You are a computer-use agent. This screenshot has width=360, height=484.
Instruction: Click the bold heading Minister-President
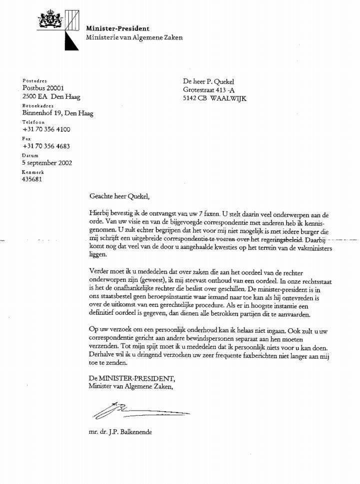pos(117,28)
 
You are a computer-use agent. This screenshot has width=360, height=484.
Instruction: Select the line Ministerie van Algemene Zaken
pos(134,37)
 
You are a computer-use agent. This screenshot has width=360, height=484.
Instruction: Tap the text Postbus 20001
pos(43,88)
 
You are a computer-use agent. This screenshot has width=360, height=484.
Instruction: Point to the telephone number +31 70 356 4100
pos(46,130)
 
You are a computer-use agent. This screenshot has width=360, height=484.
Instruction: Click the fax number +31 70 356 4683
pos(46,146)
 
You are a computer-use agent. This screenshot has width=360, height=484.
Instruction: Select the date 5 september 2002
pos(47,163)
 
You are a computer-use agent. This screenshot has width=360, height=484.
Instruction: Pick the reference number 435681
pos(32,179)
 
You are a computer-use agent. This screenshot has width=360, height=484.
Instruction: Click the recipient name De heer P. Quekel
pos(209,82)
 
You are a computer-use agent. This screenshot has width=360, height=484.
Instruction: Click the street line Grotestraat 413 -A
pos(208,90)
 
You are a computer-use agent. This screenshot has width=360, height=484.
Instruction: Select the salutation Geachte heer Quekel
pos(119,196)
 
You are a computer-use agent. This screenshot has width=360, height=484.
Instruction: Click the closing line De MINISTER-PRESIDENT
pos(132,378)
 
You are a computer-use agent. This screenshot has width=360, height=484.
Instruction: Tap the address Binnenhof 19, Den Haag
pos(57,113)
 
